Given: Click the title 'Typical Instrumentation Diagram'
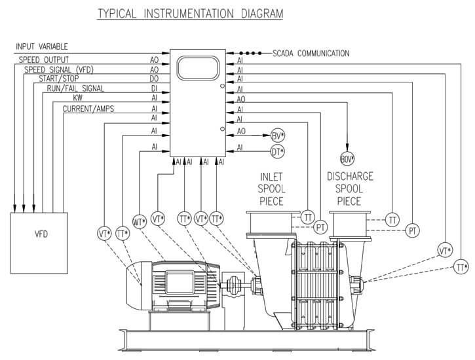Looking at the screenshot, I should coord(190,13).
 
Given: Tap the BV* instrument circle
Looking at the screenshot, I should coord(278,136).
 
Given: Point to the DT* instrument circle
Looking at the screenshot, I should coord(278,152).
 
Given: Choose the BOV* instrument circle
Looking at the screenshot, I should coord(347,159).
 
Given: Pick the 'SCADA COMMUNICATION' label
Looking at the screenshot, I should coord(311,54).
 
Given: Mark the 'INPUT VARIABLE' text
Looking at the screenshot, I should coord(43,47).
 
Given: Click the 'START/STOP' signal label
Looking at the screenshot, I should coord(58,79).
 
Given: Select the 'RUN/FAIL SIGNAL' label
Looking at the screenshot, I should coord(75,88).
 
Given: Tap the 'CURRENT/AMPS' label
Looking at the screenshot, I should coord(88,109).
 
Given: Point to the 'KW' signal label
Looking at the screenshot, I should coord(78,98).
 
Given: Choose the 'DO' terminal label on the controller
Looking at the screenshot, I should coord(155,79).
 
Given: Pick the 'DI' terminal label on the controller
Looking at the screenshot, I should coord(155,88).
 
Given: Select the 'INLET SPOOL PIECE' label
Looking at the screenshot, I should coord(272,189).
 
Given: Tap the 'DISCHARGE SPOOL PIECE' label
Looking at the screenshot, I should coord(350,189).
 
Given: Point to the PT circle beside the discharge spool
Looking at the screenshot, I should coord(413,230).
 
